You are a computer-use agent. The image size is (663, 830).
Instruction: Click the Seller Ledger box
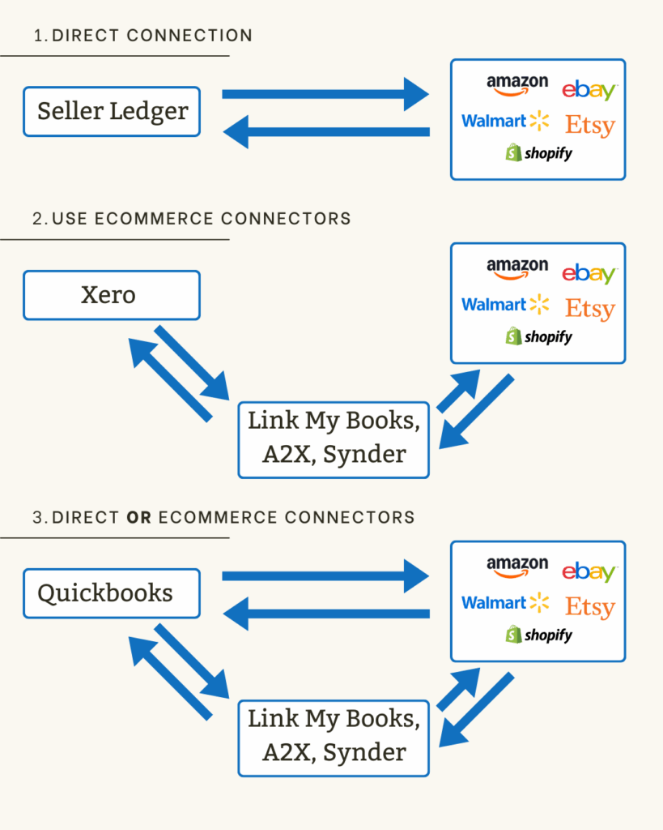112,112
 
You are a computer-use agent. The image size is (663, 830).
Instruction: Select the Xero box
112,295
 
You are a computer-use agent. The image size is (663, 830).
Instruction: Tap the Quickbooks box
112,593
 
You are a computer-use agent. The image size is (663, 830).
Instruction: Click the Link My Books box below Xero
334,438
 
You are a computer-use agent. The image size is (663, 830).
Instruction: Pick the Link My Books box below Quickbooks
334,736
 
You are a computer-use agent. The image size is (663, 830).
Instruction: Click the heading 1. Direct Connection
143,36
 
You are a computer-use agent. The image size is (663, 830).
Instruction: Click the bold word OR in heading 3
139,517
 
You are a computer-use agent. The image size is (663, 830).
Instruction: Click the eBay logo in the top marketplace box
589,89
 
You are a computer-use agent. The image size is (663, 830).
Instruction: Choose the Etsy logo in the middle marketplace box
589,309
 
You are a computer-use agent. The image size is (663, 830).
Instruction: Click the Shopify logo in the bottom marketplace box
538,635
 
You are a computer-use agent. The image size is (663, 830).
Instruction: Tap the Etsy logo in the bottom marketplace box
589,607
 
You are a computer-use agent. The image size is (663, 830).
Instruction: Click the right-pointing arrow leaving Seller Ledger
324,95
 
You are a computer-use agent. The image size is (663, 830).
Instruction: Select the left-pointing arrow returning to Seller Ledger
327,132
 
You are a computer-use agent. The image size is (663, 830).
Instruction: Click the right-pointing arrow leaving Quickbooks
324,576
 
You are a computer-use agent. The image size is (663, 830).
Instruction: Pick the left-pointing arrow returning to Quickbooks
327,614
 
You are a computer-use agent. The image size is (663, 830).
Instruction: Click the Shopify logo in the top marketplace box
538,153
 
